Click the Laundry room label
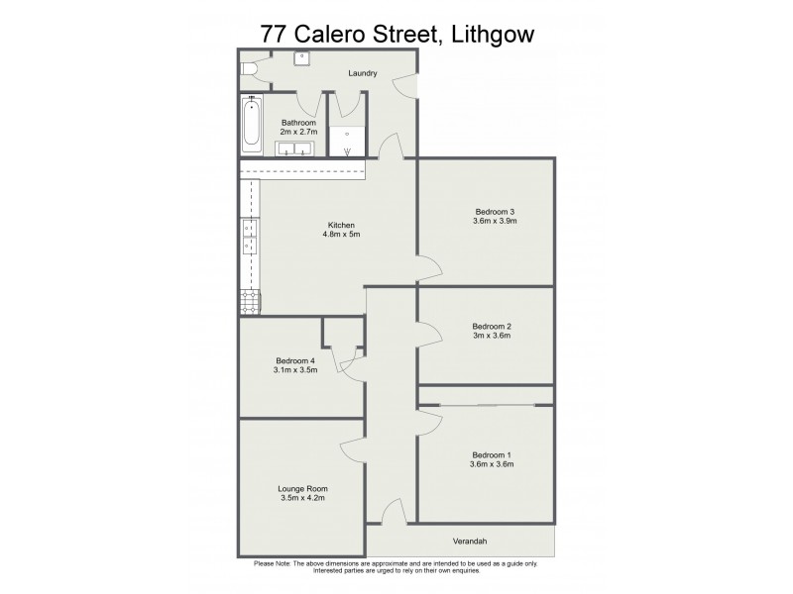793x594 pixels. coord(362,73)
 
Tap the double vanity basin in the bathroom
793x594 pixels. coord(294,149)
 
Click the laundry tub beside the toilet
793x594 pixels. coord(300,58)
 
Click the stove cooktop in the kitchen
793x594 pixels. coord(248,302)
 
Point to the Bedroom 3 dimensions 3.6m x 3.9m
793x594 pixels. coord(496,221)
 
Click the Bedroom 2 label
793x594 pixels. coord(492,326)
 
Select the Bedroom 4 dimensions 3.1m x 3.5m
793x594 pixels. coord(294,370)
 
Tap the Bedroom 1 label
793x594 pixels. coord(492,454)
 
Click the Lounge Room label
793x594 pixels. coord(302,489)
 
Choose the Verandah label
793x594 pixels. coord(471,541)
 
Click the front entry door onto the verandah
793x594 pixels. coord(392,516)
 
